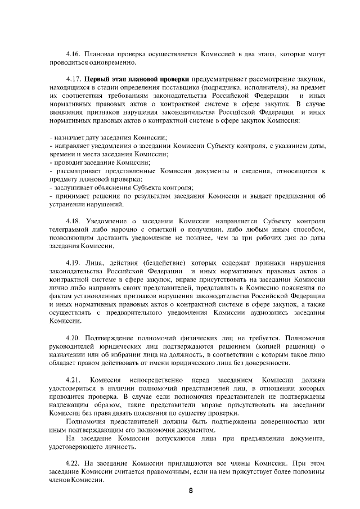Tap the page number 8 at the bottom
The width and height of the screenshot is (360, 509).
point(191,490)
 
